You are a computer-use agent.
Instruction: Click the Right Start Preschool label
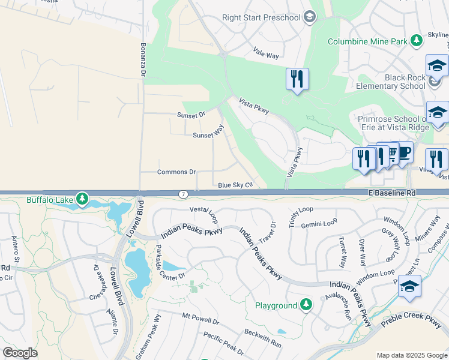261,17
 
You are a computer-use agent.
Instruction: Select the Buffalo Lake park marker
82,198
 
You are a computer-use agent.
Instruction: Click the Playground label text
276,305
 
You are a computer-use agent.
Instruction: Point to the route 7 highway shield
182,194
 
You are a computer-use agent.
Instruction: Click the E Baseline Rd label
393,194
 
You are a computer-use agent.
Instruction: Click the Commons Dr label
176,172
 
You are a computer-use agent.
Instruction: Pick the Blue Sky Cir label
234,185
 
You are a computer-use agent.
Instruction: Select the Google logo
20,353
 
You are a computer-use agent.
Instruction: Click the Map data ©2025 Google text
412,355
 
